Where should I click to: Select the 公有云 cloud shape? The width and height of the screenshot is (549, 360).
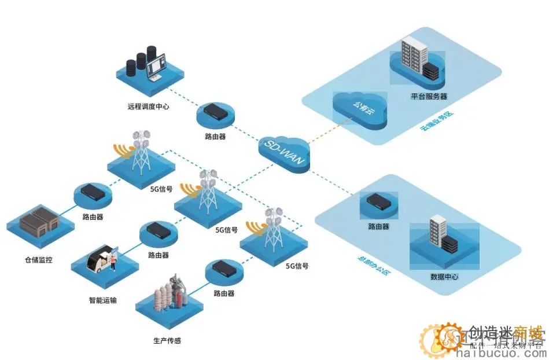click(359, 109)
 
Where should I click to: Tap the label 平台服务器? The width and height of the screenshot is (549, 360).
click(429, 96)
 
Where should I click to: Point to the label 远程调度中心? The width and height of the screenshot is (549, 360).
click(149, 106)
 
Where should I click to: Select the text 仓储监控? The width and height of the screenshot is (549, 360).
click(38, 260)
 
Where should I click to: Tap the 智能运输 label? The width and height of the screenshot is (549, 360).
click(102, 300)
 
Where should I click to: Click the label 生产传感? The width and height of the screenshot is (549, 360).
click(167, 340)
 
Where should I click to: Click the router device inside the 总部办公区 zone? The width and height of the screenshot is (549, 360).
click(378, 200)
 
